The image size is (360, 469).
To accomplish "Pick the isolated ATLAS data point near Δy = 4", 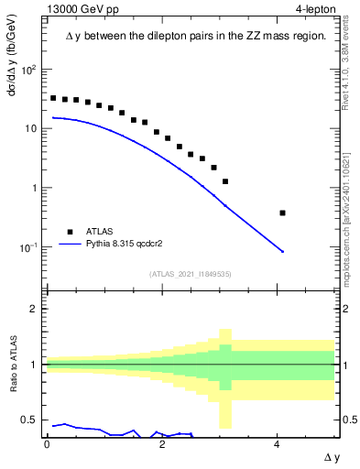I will [x=283, y=213].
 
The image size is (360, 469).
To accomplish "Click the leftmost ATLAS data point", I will [x=53, y=98].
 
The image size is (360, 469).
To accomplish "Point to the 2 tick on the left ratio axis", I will [x=35, y=309].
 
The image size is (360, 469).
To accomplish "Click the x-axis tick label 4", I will [x=278, y=443].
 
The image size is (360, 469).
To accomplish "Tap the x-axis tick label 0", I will [x=47, y=443].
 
